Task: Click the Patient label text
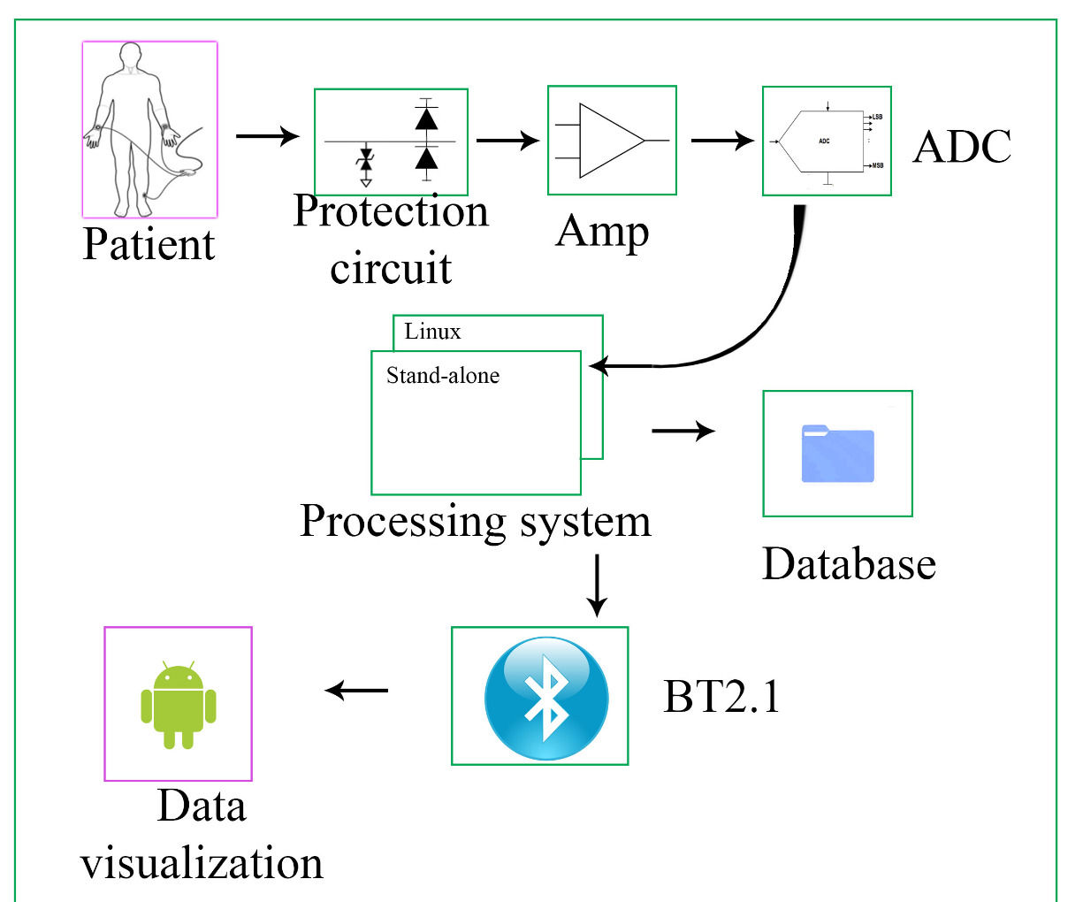[149, 244]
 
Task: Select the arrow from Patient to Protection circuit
[267, 136]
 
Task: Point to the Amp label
[602, 232]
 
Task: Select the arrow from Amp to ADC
[721, 140]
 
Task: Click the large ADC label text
[962, 147]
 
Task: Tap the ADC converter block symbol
[825, 141]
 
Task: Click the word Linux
[432, 332]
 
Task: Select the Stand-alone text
[443, 376]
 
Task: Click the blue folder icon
[837, 454]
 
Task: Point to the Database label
[849, 563]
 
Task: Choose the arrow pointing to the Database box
[683, 431]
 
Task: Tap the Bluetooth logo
[546, 698]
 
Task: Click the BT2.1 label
[722, 696]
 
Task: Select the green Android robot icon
[179, 704]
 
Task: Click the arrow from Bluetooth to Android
[356, 690]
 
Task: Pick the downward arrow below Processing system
[598, 585]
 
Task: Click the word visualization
[202, 863]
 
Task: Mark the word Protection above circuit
[391, 212]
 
